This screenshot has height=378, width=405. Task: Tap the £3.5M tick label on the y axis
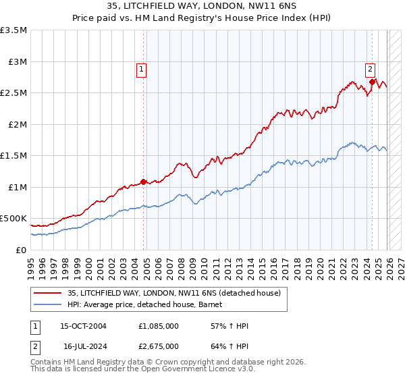pyautogui.click(x=13, y=30)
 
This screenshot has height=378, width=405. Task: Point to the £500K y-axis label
pyautogui.click(x=13, y=219)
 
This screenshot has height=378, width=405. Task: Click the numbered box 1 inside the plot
pyautogui.click(x=141, y=69)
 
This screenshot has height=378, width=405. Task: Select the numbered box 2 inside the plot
pyautogui.click(x=371, y=69)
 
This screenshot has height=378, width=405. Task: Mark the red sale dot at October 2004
pyautogui.click(x=144, y=181)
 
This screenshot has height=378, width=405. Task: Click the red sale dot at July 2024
pyautogui.click(x=372, y=82)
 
